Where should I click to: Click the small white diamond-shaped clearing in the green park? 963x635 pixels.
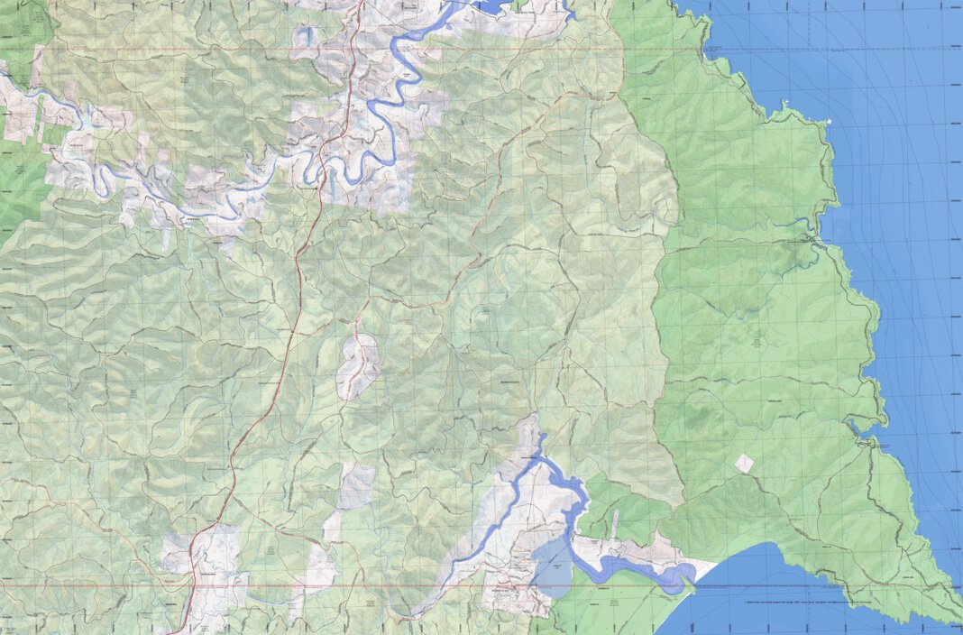click(744, 463)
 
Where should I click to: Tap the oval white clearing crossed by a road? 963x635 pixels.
click(358, 366)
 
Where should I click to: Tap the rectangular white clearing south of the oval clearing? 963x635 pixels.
click(355, 488)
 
